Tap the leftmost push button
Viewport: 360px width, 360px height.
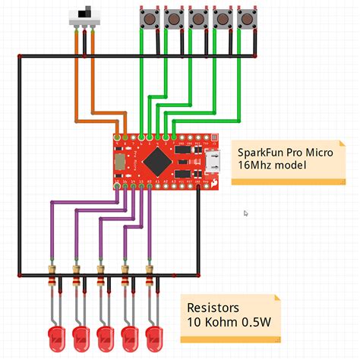[x=147, y=18]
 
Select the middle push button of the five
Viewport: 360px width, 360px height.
[x=197, y=18]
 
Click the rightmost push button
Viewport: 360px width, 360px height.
[x=247, y=18]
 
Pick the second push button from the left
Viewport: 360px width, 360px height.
[x=172, y=18]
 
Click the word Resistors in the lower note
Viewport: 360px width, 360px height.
[x=213, y=309]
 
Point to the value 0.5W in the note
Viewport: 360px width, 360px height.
[x=257, y=324]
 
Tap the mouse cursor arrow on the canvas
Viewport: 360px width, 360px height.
[x=245, y=213]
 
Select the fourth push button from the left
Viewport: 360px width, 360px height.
[x=222, y=18]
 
